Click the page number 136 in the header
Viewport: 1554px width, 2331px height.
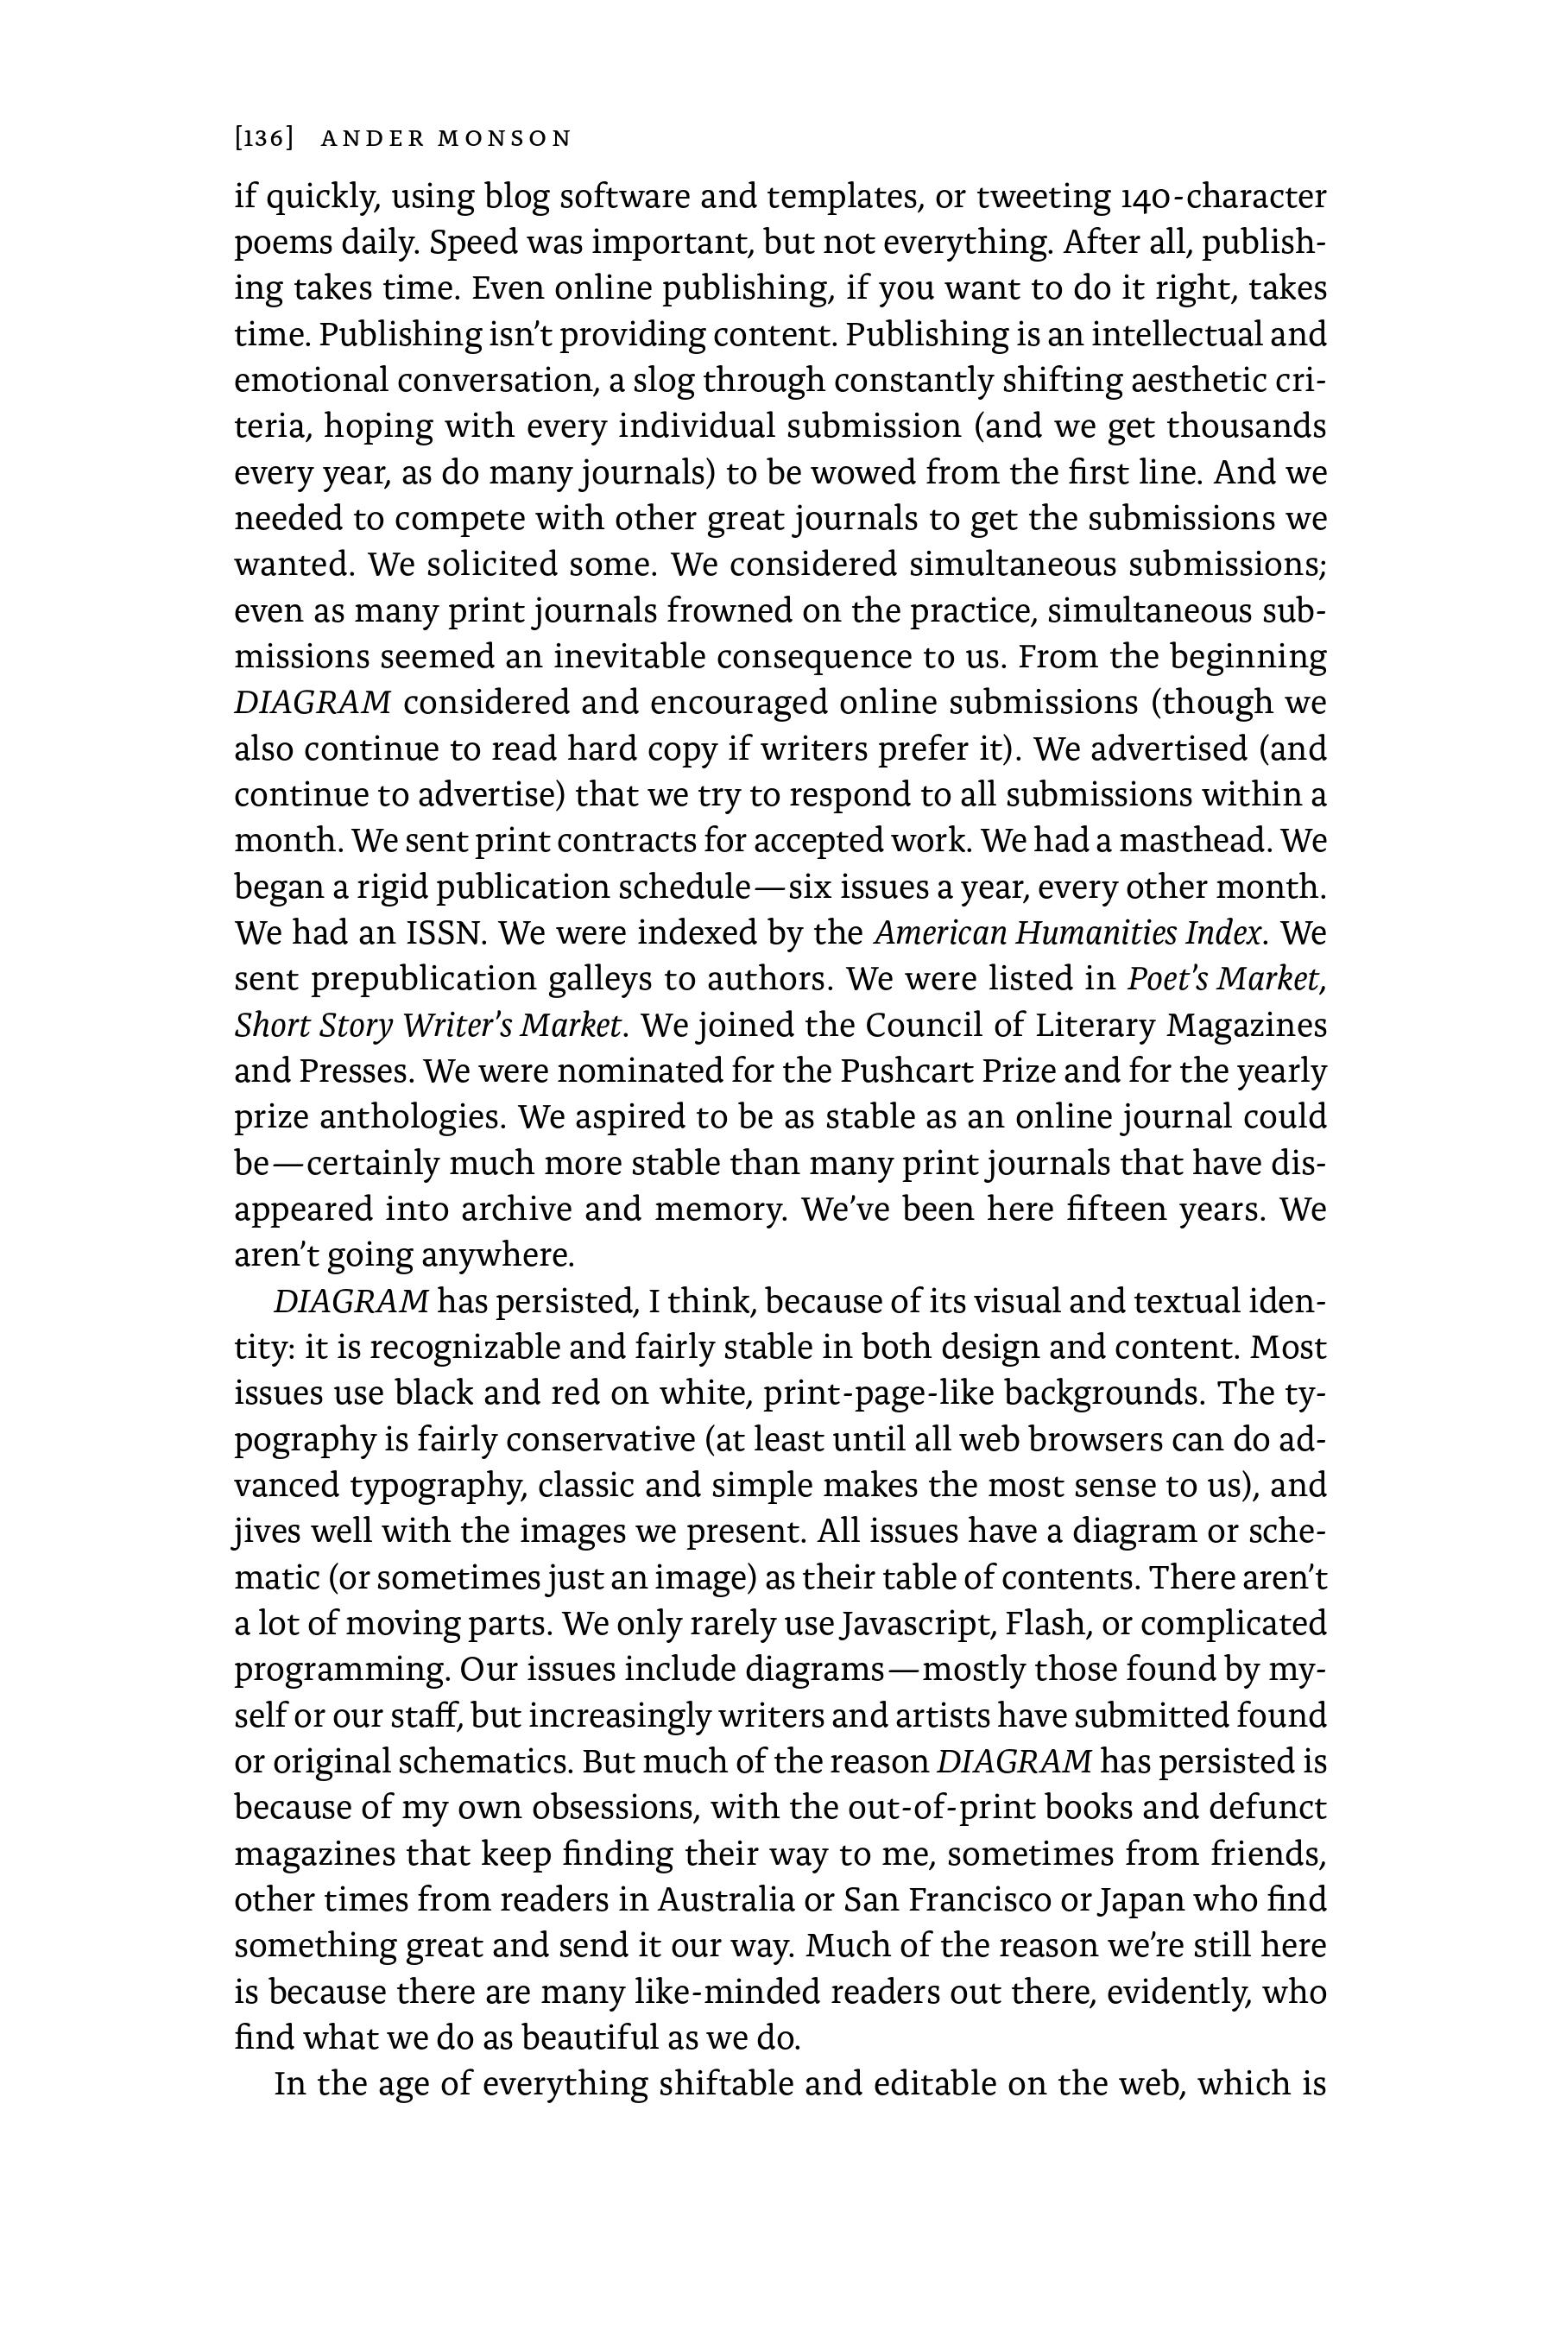[263, 139]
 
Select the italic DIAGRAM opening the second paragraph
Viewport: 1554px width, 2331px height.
[351, 1300]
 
